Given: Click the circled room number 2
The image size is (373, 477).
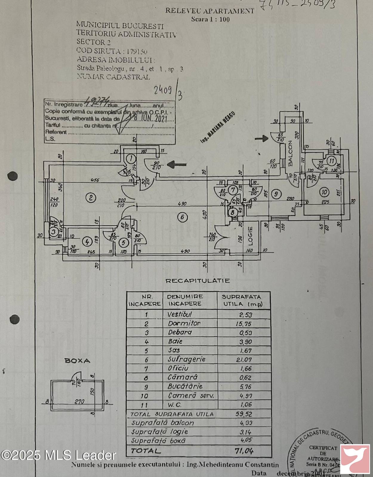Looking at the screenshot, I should pos(90,197).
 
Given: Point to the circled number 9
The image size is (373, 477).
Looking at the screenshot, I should pos(277,194).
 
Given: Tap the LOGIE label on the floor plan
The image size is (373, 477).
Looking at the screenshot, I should pos(250,236).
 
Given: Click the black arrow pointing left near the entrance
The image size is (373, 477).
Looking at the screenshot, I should pos(177,164).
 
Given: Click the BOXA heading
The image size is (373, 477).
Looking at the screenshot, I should pos(77,361).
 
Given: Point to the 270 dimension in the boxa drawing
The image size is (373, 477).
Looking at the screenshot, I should pos(79,402).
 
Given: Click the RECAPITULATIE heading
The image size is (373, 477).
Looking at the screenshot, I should pos(198,281).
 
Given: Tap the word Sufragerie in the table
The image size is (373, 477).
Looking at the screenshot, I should pos(186,359).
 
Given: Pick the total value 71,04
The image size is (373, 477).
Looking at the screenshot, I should pos(244,451).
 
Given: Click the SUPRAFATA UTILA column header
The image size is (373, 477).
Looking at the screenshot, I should pos(242,300).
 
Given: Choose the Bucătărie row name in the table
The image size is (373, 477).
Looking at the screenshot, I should pos(185,386).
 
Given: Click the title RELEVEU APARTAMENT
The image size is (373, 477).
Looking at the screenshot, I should pos(210,11).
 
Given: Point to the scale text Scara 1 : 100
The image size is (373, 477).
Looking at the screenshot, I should pos(210,19).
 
